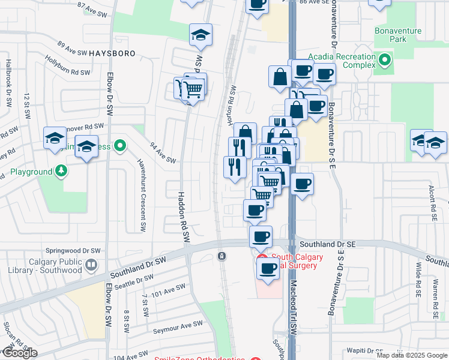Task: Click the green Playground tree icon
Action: click(61, 172)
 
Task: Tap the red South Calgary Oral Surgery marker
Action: click(262, 257)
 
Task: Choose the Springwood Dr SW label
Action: click(71, 251)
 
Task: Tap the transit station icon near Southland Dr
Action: click(222, 256)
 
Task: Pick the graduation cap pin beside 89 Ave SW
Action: click(201, 35)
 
